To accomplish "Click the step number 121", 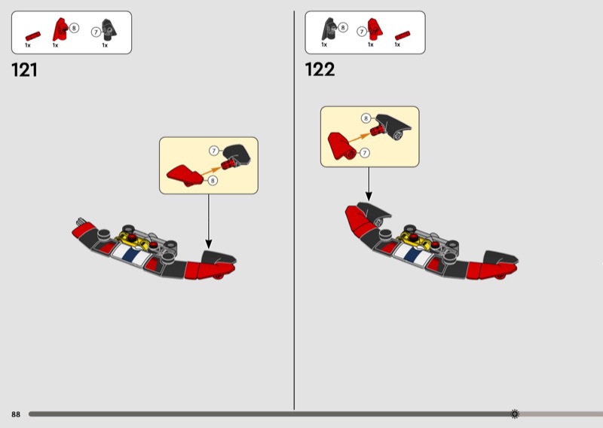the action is pos(24,70).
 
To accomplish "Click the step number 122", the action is pos(320,69).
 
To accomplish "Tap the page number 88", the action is pos(16,414).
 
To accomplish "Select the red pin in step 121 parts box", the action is pos(33,36).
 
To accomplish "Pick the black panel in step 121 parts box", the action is pos(109,29).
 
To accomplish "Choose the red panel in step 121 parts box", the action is pos(60,29).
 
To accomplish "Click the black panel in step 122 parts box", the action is pos(329,29).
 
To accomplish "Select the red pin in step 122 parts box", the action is pos(403,35).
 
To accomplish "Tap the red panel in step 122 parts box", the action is pos(375,29).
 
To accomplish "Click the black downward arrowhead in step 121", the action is pos(209,244).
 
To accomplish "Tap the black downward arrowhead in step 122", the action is pos(369,196).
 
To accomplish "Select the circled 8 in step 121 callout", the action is pos(213,180).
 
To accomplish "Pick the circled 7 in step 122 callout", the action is pos(365,153).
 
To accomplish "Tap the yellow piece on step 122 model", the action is pos(416,239).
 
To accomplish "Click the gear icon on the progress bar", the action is pos(515,414).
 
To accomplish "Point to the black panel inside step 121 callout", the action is pos(236,154).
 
